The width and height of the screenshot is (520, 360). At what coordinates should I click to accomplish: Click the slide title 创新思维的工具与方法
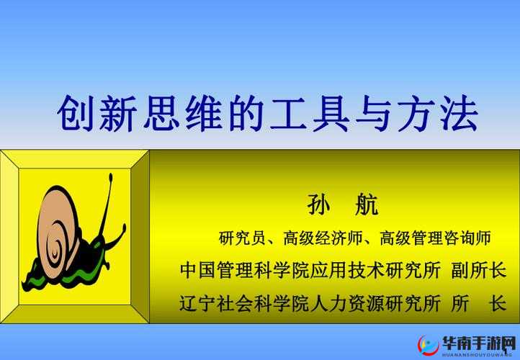(267, 114)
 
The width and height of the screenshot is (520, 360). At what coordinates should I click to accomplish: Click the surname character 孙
(318, 204)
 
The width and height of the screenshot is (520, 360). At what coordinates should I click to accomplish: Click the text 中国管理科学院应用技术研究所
(310, 271)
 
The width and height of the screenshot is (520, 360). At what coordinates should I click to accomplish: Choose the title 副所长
(478, 271)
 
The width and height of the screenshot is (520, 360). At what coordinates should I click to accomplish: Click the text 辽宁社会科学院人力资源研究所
(310, 303)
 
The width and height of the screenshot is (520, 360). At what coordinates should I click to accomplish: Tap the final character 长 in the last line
(497, 303)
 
